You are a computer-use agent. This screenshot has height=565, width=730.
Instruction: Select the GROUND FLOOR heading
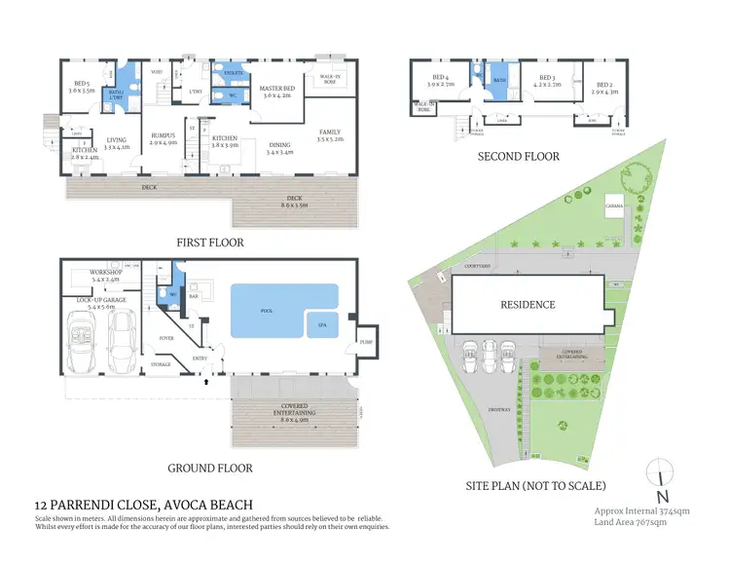[x=210, y=469]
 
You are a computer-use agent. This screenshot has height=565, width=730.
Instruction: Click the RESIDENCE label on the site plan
[x=528, y=305]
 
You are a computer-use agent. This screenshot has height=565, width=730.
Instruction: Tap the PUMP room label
[x=366, y=343]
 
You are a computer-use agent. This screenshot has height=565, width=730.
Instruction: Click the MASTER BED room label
[x=278, y=90]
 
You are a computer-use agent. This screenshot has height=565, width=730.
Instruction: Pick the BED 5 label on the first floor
[x=74, y=85]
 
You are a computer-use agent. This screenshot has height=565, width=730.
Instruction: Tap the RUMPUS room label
[x=162, y=137]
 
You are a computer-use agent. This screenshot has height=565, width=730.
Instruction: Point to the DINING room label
[x=280, y=146]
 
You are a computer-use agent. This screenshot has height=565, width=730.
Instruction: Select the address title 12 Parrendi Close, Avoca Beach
[x=143, y=505]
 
